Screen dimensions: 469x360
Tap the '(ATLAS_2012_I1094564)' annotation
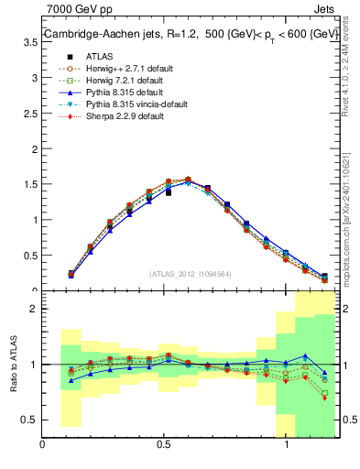[x=190, y=274]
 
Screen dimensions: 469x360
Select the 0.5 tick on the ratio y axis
[x=31, y=419]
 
